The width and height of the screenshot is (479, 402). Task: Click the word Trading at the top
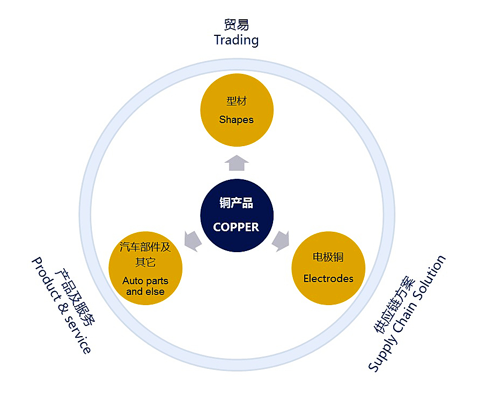point(236,40)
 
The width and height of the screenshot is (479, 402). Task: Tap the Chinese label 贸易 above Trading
point(236,25)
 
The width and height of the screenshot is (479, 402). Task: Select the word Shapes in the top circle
point(236,120)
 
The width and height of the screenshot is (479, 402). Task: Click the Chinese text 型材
point(236,101)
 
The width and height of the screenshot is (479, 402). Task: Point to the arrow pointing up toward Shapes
point(237,163)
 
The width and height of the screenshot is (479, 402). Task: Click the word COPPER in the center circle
point(236,227)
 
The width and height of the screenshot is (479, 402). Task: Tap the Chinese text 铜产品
point(236,203)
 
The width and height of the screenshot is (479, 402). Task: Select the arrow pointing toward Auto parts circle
point(193,240)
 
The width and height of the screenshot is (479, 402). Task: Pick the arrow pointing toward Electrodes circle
point(281,240)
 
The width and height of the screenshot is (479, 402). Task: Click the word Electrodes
point(328,279)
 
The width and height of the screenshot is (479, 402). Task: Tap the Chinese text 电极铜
point(328,257)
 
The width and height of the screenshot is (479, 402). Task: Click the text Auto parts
point(145,281)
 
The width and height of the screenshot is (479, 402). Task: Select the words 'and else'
point(145,292)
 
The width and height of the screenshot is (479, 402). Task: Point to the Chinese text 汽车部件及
point(145,247)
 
